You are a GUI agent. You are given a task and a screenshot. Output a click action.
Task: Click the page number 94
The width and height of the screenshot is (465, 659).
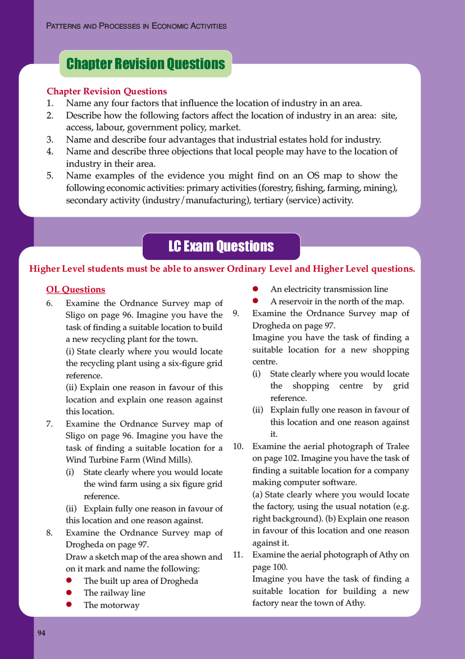point(42,633)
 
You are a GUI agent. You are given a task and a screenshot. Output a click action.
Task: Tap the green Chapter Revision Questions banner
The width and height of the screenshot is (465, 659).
point(145,64)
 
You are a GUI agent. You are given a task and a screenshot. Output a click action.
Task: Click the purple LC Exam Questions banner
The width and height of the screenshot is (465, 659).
point(221,246)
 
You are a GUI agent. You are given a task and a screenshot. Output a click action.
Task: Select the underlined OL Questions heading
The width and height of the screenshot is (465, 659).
point(76,290)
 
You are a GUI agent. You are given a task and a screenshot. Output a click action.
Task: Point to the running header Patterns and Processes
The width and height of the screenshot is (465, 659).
point(136,26)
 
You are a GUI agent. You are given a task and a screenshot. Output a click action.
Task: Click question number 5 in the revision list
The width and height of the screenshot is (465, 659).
point(50,176)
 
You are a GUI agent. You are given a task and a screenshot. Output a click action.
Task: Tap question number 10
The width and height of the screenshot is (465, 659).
point(238,447)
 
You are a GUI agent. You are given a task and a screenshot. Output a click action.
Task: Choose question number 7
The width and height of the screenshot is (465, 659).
point(50,424)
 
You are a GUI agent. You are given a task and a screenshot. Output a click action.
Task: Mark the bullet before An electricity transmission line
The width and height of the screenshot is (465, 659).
point(256,290)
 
